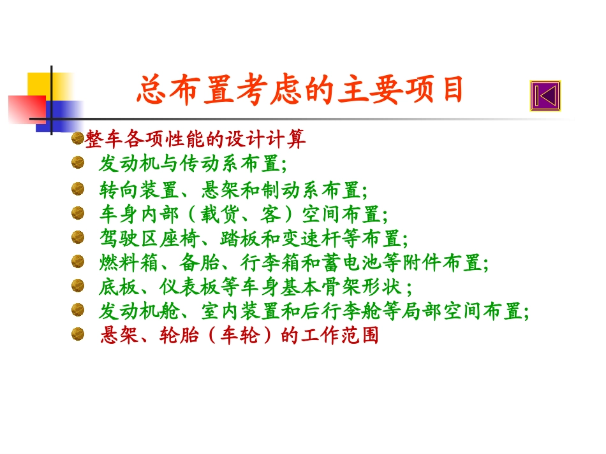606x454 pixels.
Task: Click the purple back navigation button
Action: (545, 96)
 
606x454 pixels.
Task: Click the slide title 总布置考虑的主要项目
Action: (299, 90)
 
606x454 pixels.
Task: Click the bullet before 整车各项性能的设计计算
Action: (77, 138)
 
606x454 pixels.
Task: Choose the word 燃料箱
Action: (126, 262)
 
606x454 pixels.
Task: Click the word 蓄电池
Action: (376, 262)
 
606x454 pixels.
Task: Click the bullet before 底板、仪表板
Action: (77, 285)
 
